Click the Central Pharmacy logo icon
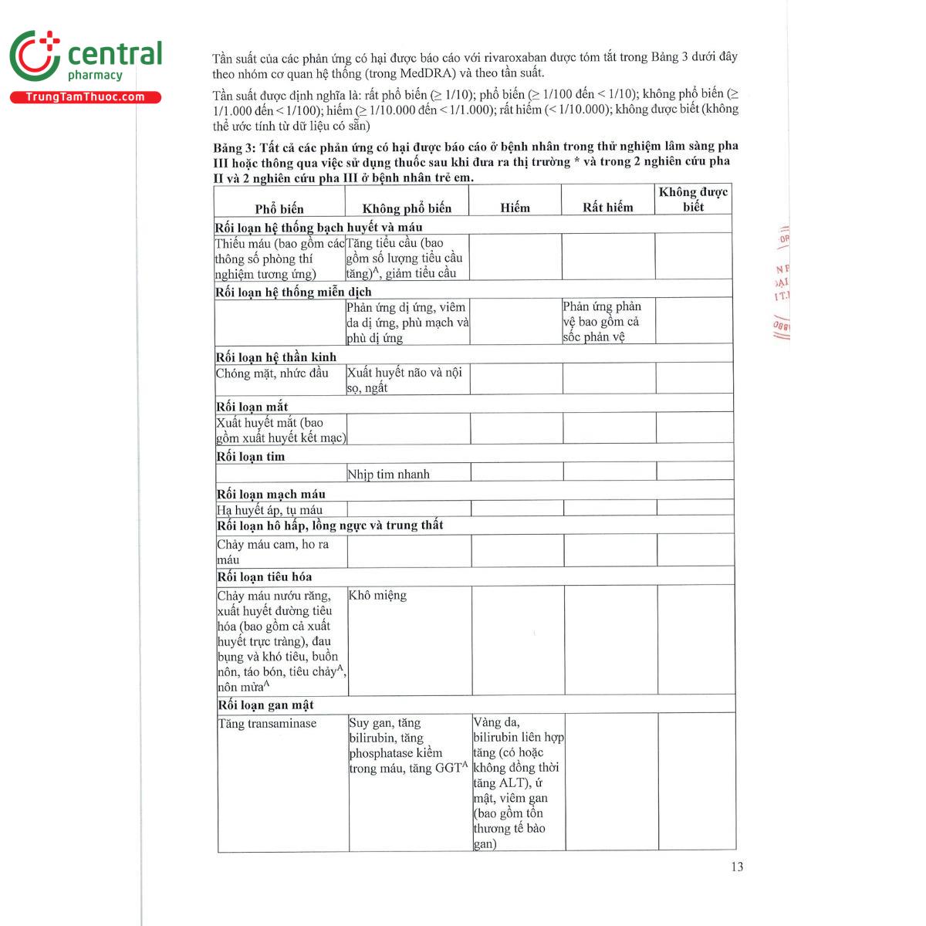click(35, 56)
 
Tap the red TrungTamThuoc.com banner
click(85, 97)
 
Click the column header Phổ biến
click(279, 208)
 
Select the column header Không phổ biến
click(407, 208)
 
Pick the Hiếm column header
click(515, 208)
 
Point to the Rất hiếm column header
click(607, 207)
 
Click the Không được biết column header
click(693, 199)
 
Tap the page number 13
click(737, 867)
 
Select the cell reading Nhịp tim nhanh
click(388, 474)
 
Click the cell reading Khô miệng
click(377, 595)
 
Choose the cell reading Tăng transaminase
click(267, 723)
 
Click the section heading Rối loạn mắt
click(252, 407)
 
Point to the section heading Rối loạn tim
click(251, 456)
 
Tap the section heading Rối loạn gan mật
click(265, 705)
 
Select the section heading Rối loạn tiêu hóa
click(265, 576)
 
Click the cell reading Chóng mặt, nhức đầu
click(272, 373)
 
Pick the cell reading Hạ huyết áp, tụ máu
click(269, 509)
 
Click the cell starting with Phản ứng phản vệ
click(601, 321)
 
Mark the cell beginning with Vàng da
click(518, 782)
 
